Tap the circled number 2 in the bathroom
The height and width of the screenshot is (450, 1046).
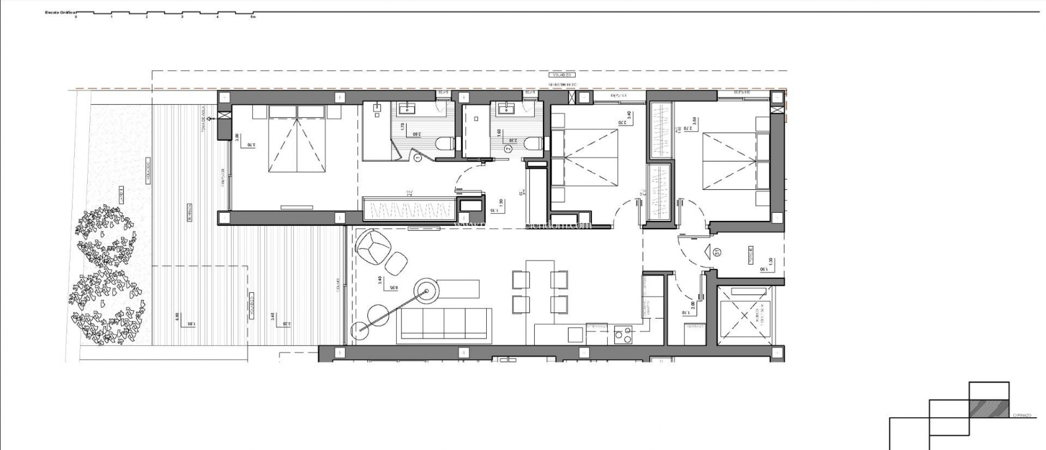tap(508, 149)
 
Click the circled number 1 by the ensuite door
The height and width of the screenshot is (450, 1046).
tap(418, 159)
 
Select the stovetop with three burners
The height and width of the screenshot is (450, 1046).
tap(623, 335)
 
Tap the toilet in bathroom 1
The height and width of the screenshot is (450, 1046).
tap(446, 144)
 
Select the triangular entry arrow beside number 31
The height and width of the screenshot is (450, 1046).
tap(707, 252)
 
